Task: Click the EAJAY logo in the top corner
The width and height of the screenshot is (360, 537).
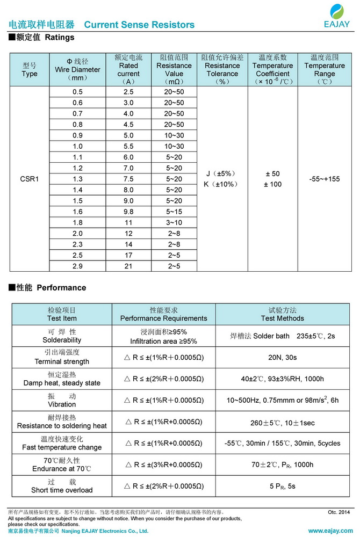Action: pyautogui.click(x=337, y=16)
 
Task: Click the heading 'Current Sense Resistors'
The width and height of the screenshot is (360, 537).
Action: pyautogui.click(x=139, y=25)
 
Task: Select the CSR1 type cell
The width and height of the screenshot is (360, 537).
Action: pyautogui.click(x=30, y=179)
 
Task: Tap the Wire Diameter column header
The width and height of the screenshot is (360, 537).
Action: pyautogui.click(x=77, y=69)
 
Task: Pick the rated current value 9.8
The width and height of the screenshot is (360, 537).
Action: pyautogui.click(x=128, y=212)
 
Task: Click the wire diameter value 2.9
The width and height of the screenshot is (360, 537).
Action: pyautogui.click(x=77, y=266)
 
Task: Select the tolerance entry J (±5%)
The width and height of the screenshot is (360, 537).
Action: pyautogui.click(x=221, y=174)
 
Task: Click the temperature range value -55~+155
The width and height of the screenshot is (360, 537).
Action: pyautogui.click(x=325, y=179)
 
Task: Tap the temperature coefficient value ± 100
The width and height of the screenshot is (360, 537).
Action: pyautogui.click(x=273, y=185)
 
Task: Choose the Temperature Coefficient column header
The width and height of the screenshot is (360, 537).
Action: pyautogui.click(x=273, y=69)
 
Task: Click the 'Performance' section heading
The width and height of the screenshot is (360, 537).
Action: pyautogui.click(x=61, y=288)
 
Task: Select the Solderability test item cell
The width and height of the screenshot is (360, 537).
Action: pyautogui.click(x=62, y=336)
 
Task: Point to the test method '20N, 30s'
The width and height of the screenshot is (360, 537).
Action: pyautogui.click(x=282, y=357)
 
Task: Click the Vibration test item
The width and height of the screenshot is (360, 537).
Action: pyautogui.click(x=62, y=400)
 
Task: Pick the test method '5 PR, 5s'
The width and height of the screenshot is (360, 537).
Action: pyautogui.click(x=282, y=486)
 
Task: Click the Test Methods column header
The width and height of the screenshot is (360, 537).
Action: pyautogui.click(x=282, y=314)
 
